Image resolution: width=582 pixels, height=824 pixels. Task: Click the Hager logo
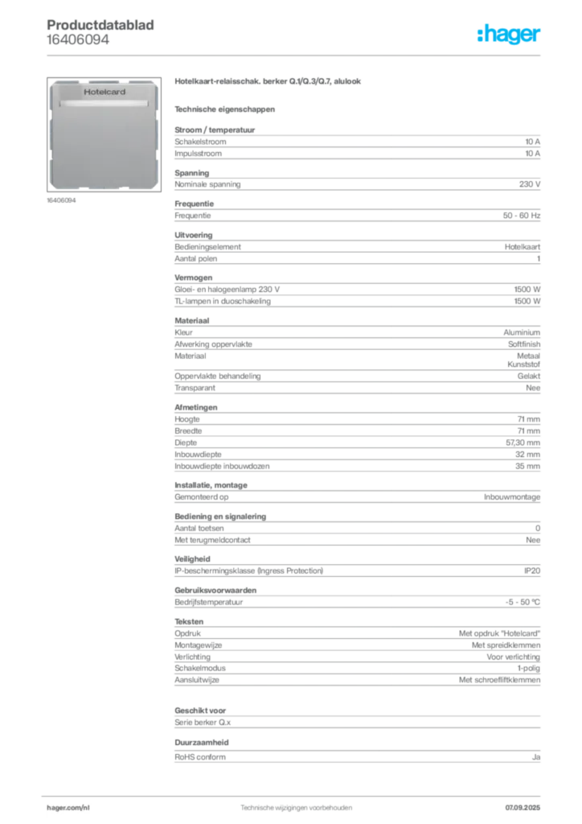[509, 34]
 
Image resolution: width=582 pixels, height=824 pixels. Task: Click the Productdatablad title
[100, 25]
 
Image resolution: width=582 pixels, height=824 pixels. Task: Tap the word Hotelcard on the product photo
[105, 92]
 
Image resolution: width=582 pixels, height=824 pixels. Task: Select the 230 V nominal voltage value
[530, 184]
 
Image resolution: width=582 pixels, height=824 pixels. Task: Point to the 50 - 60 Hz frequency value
[521, 216]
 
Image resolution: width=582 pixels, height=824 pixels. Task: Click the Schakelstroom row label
[200, 142]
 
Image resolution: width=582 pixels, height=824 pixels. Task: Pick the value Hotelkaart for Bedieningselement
[523, 247]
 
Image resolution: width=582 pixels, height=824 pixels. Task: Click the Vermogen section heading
[194, 278]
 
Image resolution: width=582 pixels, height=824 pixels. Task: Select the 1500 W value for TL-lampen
[527, 301]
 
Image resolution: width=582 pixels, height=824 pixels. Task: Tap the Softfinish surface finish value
[524, 344]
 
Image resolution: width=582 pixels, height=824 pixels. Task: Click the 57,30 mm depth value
[523, 443]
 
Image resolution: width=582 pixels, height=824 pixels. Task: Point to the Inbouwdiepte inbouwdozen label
[222, 466]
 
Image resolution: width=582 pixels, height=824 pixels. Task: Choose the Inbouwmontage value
[512, 497]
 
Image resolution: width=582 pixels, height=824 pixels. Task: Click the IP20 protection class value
[532, 571]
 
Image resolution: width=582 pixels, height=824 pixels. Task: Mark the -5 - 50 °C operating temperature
[523, 602]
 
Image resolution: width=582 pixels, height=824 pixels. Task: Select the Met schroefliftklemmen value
[500, 680]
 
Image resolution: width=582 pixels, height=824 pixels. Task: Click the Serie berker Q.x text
[203, 723]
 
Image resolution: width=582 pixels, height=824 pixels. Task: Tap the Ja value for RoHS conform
[536, 757]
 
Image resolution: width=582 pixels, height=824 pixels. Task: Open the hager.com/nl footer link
[68, 808]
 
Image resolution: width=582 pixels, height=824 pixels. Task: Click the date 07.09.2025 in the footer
[523, 808]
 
